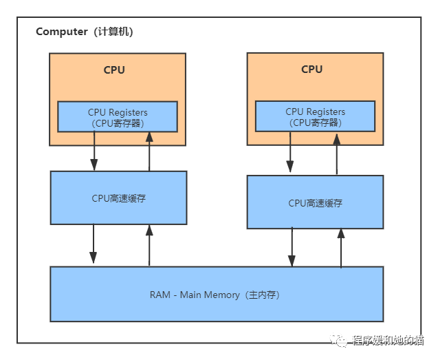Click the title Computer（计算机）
[85, 32]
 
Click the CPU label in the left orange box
[114, 70]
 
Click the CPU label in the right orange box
[311, 70]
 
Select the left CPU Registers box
[118, 116]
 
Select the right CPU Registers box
[316, 116]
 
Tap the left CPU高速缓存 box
[118, 198]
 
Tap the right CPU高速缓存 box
[315, 202]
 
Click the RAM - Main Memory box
[217, 295]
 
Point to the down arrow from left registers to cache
[94, 151]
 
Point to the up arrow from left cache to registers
[149, 151]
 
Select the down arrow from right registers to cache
[290, 151]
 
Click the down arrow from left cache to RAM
[94, 244]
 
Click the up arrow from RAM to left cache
[149, 244]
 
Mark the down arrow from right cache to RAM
[292, 247]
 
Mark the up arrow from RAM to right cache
[340, 247]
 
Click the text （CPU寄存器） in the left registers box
[118, 123]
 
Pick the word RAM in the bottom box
[160, 295]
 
